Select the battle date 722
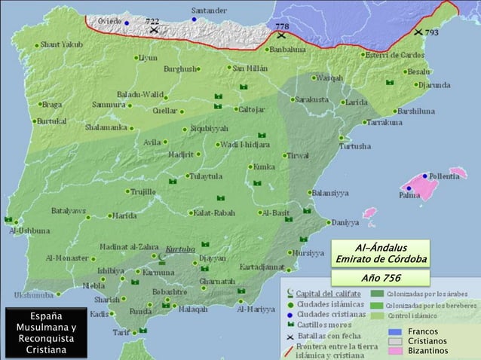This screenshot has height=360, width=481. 152,22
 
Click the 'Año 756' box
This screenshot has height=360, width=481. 381,277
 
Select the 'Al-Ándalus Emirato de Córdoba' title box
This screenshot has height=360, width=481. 381,254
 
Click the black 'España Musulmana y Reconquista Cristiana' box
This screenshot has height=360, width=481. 45,331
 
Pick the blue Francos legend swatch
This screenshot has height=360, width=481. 396,332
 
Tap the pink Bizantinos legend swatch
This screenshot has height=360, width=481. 396,351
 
